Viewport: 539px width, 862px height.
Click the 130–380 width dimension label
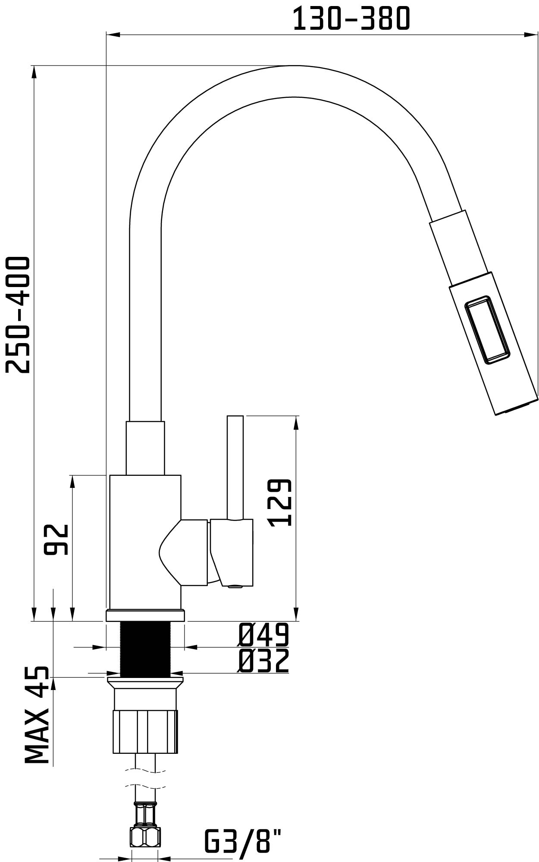pyautogui.click(x=351, y=19)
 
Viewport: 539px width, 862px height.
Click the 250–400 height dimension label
pyautogui.click(x=18, y=315)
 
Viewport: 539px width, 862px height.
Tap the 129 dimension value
pyautogui.click(x=279, y=502)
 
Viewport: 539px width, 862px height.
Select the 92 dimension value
pyautogui.click(x=56, y=539)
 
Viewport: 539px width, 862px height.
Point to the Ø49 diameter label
pyautogui.click(x=263, y=634)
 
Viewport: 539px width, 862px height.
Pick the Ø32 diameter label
pyautogui.click(x=263, y=660)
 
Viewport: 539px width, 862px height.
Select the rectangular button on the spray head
pyautogui.click(x=487, y=330)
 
